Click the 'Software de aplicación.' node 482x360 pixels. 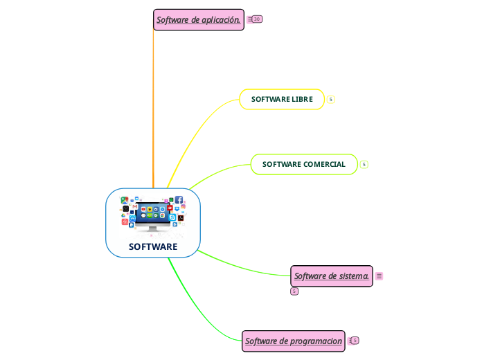(x=198, y=20)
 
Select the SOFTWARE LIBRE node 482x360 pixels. (x=282, y=100)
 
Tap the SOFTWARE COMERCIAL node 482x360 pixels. (x=303, y=165)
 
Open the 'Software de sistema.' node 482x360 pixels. (x=331, y=276)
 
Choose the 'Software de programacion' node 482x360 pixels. (x=294, y=341)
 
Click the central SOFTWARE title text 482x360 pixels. (x=153, y=247)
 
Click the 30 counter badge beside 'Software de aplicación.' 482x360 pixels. (x=257, y=19)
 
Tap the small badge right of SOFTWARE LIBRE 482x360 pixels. (x=331, y=100)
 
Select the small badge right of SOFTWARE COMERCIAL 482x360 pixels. (x=364, y=165)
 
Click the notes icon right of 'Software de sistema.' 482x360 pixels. (x=379, y=276)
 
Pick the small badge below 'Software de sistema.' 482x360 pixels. (x=294, y=291)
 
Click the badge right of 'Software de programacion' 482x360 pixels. (x=355, y=341)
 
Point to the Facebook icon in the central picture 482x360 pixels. (x=179, y=200)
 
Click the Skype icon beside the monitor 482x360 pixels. (x=172, y=217)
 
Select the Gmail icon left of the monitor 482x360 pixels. (x=135, y=206)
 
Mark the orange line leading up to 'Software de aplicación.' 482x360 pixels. (x=153, y=104)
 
